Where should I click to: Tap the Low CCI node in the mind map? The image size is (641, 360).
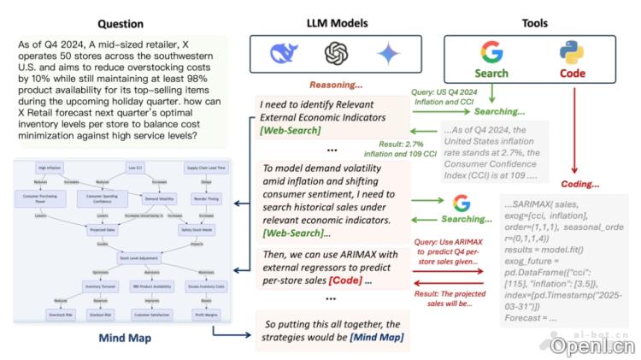(135, 167)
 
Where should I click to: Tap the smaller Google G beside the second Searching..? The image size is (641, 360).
(462, 203)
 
